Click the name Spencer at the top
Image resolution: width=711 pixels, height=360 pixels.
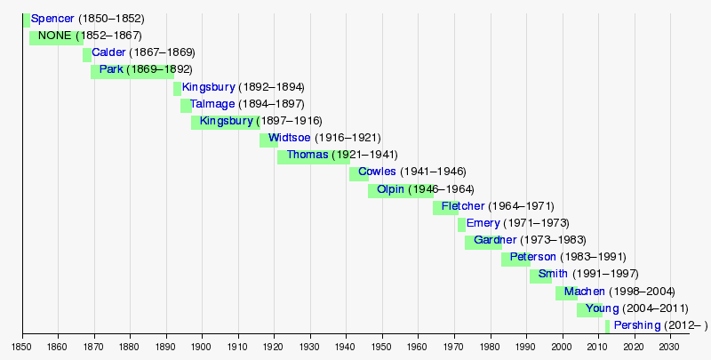[x=52, y=19]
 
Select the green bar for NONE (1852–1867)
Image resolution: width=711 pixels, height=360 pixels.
[x=56, y=36]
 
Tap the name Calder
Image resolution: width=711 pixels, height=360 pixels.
[x=108, y=53]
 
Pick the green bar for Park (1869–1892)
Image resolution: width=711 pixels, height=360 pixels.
[x=132, y=70]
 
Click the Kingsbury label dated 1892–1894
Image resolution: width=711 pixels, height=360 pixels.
[x=208, y=88]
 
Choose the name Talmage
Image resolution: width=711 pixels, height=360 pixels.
[x=212, y=105]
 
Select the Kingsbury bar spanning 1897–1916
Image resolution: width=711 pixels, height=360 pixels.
[x=226, y=122]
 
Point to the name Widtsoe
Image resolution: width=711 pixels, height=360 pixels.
[x=290, y=139]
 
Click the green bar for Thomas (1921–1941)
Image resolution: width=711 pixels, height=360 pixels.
[x=313, y=156]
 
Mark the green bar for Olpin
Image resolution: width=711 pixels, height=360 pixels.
[x=400, y=190]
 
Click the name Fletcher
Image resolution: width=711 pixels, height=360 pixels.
[x=463, y=207]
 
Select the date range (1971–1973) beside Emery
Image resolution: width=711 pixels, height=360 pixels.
[x=537, y=224]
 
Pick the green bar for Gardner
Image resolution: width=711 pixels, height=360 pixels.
[x=483, y=241]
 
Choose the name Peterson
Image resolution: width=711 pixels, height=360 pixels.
[x=533, y=258]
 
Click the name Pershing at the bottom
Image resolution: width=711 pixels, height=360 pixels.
[x=637, y=326]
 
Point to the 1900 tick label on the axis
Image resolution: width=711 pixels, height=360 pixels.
[x=201, y=346]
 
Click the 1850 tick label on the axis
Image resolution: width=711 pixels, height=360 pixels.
[x=21, y=346]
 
